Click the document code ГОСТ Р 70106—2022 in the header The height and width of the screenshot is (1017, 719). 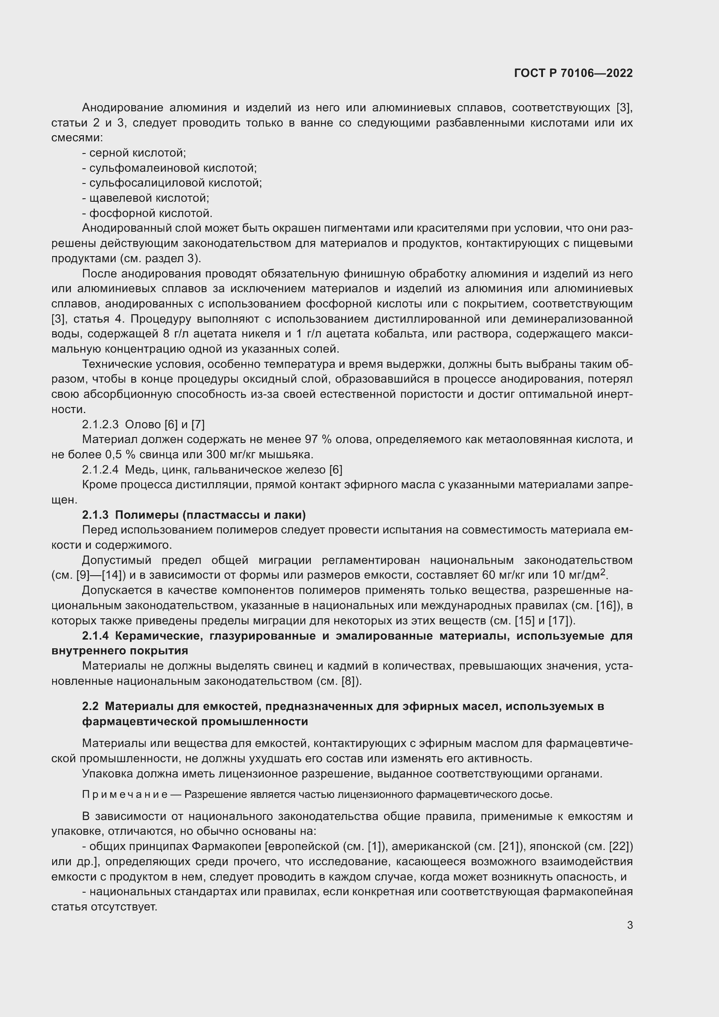pos(573,73)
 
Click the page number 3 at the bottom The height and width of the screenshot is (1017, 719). pos(629,925)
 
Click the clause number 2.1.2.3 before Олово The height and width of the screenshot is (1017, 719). pos(100,424)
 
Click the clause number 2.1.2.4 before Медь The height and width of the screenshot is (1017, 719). pos(100,470)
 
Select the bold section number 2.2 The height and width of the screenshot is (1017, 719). pos(90,706)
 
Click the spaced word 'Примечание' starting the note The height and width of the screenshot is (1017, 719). pos(124,795)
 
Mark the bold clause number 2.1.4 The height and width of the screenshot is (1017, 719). pos(95,636)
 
